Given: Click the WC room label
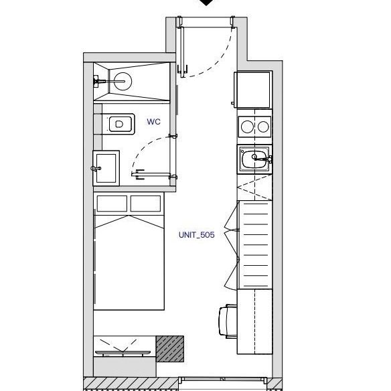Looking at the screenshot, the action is coord(153,122).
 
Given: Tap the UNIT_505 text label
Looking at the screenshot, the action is coord(196,235).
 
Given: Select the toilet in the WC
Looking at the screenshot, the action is coord(119,124).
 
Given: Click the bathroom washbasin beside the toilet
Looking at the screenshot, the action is coord(106,168).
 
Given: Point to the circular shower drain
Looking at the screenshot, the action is coord(123,81).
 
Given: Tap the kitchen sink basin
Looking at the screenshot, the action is coord(254,159).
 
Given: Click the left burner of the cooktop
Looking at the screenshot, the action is coord(247,127).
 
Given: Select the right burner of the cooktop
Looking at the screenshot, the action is coord(263,127).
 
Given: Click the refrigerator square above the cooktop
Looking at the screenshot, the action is coord(253,90).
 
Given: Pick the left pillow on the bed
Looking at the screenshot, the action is coord(112,204).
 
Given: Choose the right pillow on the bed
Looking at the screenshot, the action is coord(145,204).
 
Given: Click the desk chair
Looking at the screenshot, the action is coord(228,321).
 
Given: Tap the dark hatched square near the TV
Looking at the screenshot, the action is coord(170,349).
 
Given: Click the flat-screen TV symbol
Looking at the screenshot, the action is coord(123,353).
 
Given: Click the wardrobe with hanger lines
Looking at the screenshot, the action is coord(255,245).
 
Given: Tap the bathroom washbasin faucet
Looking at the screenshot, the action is coord(96,169).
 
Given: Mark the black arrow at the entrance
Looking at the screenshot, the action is coord(206,2).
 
